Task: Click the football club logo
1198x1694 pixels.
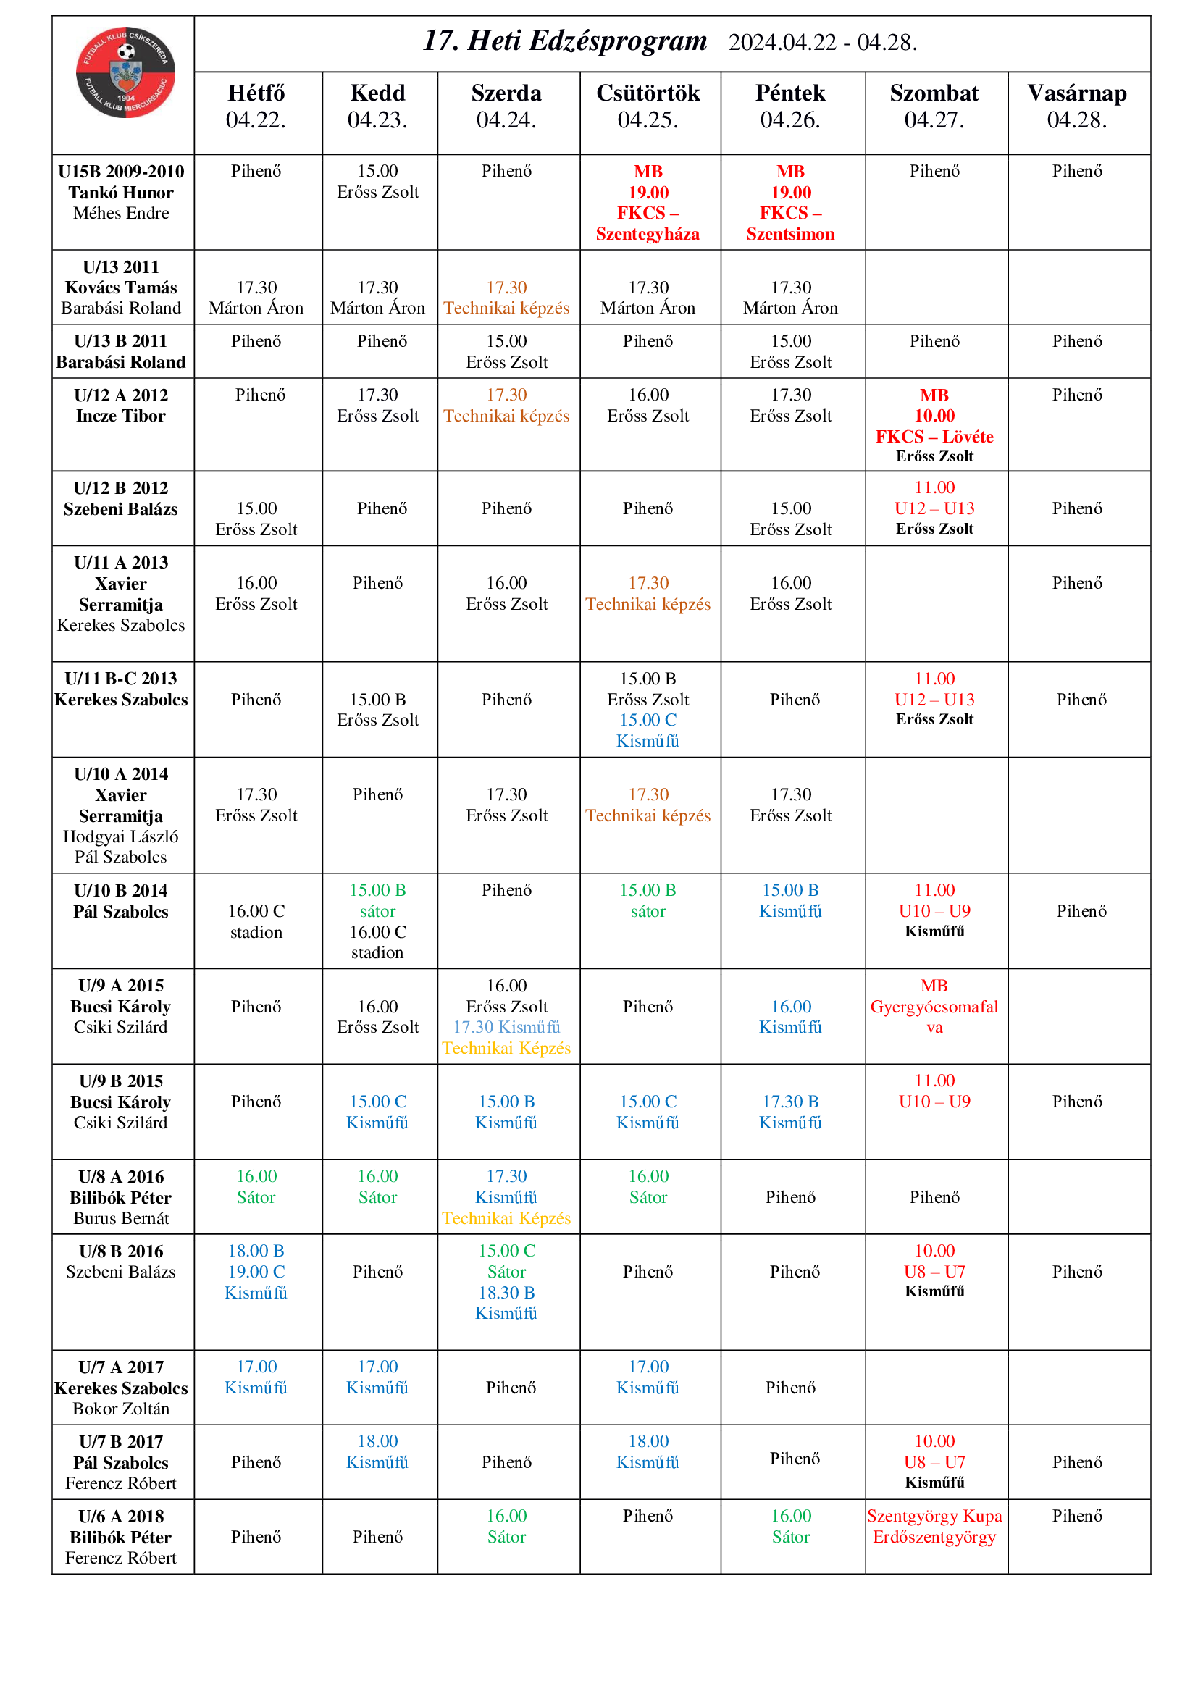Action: (125, 72)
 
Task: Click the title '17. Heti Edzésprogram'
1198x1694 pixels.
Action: (564, 41)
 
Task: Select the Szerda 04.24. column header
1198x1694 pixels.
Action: (506, 106)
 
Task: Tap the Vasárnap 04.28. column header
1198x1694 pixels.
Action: (1076, 106)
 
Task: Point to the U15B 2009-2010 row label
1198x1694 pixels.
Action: (121, 192)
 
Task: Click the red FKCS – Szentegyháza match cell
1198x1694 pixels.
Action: (648, 202)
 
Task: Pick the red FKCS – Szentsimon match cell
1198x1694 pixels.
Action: (790, 202)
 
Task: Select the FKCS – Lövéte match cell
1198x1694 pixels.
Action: (934, 425)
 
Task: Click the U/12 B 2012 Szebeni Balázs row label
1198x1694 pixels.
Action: (121, 498)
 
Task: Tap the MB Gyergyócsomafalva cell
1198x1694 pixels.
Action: (934, 1007)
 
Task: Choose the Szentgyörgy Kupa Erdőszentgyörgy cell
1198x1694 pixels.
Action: (934, 1527)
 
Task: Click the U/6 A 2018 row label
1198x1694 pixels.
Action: (121, 1537)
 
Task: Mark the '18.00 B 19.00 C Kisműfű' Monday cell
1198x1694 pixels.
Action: (256, 1271)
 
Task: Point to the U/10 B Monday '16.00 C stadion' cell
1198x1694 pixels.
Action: (256, 921)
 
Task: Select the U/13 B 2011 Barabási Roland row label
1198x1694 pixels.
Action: (121, 351)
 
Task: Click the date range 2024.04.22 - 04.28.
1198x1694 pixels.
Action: (823, 43)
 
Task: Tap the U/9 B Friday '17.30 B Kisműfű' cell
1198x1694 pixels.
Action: (790, 1112)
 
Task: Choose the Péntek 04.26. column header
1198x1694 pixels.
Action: (790, 106)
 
